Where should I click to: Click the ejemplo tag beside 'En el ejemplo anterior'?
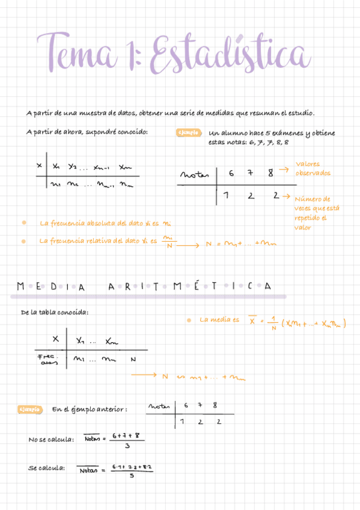tap(30, 410)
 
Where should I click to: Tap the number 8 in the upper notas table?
tap(271, 173)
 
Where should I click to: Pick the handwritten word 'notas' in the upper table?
tap(194, 174)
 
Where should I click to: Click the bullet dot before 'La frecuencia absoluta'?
tap(23, 223)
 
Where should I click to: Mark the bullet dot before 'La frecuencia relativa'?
tap(23, 241)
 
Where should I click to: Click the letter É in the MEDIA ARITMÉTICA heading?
tap(195, 287)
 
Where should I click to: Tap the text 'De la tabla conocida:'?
tap(54, 313)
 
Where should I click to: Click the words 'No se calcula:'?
tap(51, 440)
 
